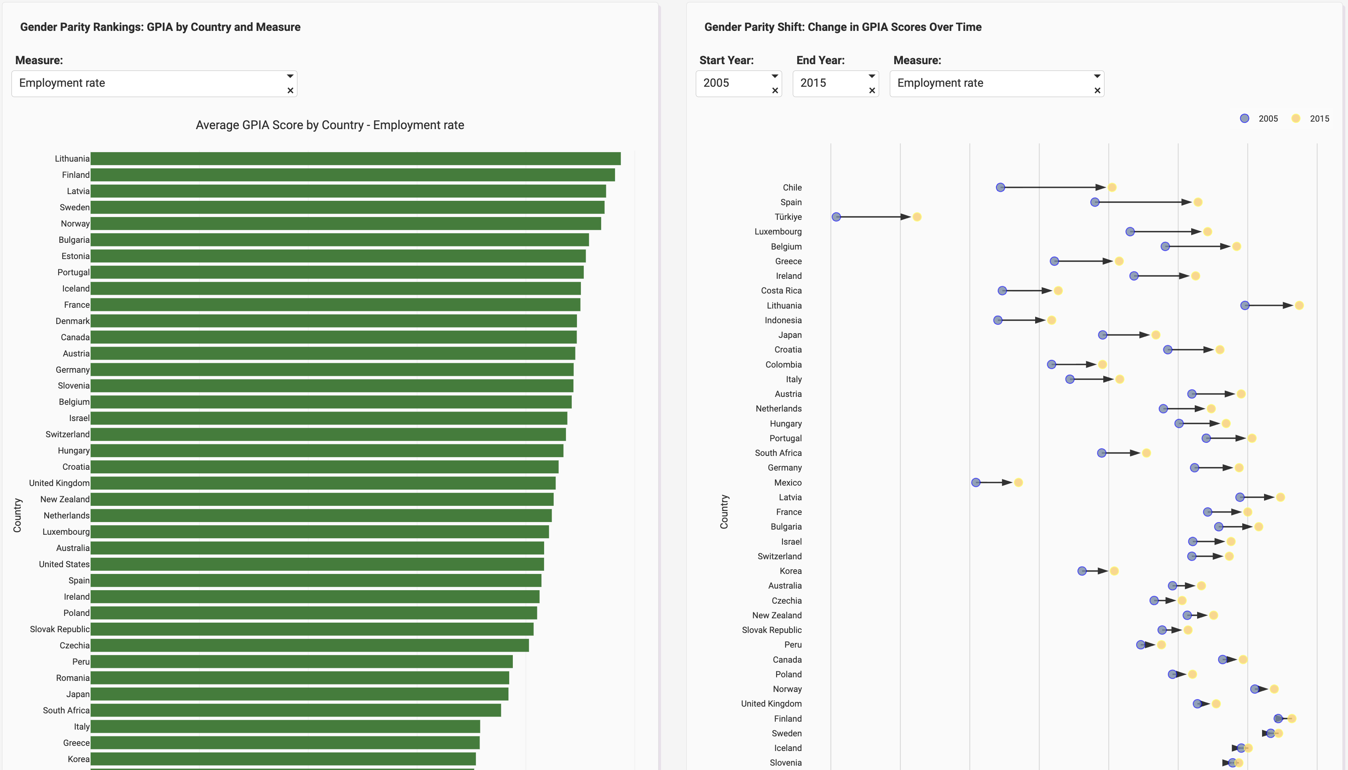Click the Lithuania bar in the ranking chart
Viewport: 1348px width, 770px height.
coord(355,159)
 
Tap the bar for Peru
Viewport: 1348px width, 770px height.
coord(301,661)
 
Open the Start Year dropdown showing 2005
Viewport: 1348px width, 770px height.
coord(733,83)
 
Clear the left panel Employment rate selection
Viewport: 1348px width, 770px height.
coord(290,90)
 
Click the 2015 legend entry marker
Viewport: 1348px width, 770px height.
coord(1296,118)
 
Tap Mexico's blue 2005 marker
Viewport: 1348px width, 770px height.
coord(976,482)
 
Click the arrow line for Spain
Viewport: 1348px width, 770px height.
coord(1142,202)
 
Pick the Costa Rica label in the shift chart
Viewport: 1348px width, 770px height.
coord(781,291)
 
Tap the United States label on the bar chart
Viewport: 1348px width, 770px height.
coord(64,564)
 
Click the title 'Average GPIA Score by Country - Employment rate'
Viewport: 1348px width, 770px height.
coord(330,125)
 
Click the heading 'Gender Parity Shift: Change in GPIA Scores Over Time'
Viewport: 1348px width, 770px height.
coord(843,27)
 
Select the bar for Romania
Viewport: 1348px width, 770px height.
coord(300,678)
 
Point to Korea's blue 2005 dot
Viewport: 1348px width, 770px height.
coord(1082,571)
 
